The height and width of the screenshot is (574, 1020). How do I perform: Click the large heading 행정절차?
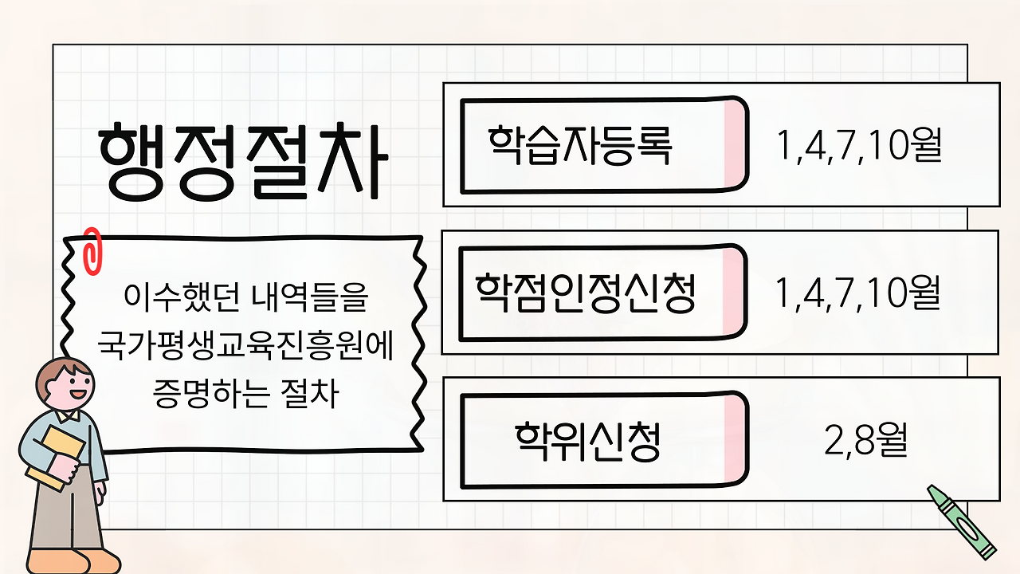pos(243,162)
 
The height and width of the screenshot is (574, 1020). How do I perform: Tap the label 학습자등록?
pos(580,145)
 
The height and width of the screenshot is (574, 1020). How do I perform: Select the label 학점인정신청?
pos(586,293)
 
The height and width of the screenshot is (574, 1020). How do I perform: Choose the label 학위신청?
pos(587,441)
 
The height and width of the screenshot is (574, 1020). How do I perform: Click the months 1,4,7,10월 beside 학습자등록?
pos(859,146)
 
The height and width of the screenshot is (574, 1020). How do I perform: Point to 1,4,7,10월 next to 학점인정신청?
pos(857,293)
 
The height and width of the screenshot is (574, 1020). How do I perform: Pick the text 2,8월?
pos(866,441)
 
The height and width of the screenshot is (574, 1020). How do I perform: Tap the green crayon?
pos(963,521)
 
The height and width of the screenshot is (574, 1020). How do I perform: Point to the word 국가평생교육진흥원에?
pos(246,347)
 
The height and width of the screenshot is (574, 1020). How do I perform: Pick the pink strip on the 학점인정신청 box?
pos(733,293)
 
